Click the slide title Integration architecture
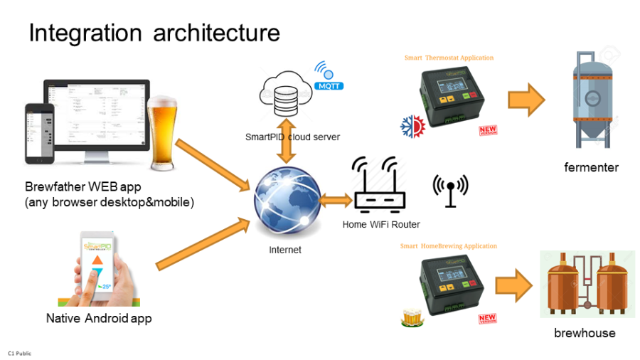point(154,33)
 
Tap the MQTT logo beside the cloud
point(329,77)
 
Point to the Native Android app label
point(99,318)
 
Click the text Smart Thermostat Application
point(449,58)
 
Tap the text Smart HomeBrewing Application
point(448,246)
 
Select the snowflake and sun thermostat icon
point(412,125)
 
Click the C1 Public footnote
point(19,353)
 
